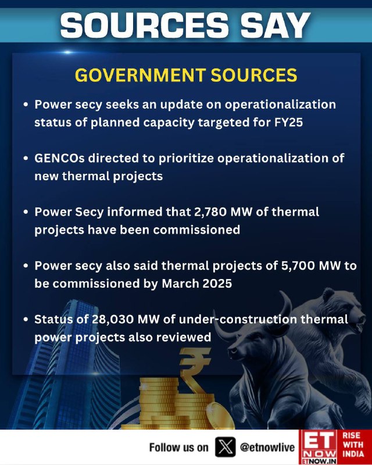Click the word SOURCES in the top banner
145,25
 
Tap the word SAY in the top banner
276,25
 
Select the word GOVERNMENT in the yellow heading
140,75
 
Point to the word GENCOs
59,158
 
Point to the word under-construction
238,319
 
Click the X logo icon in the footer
226,446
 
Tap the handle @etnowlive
267,447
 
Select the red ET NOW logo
319,447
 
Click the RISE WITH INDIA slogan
353,445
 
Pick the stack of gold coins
172,403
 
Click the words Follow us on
179,447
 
